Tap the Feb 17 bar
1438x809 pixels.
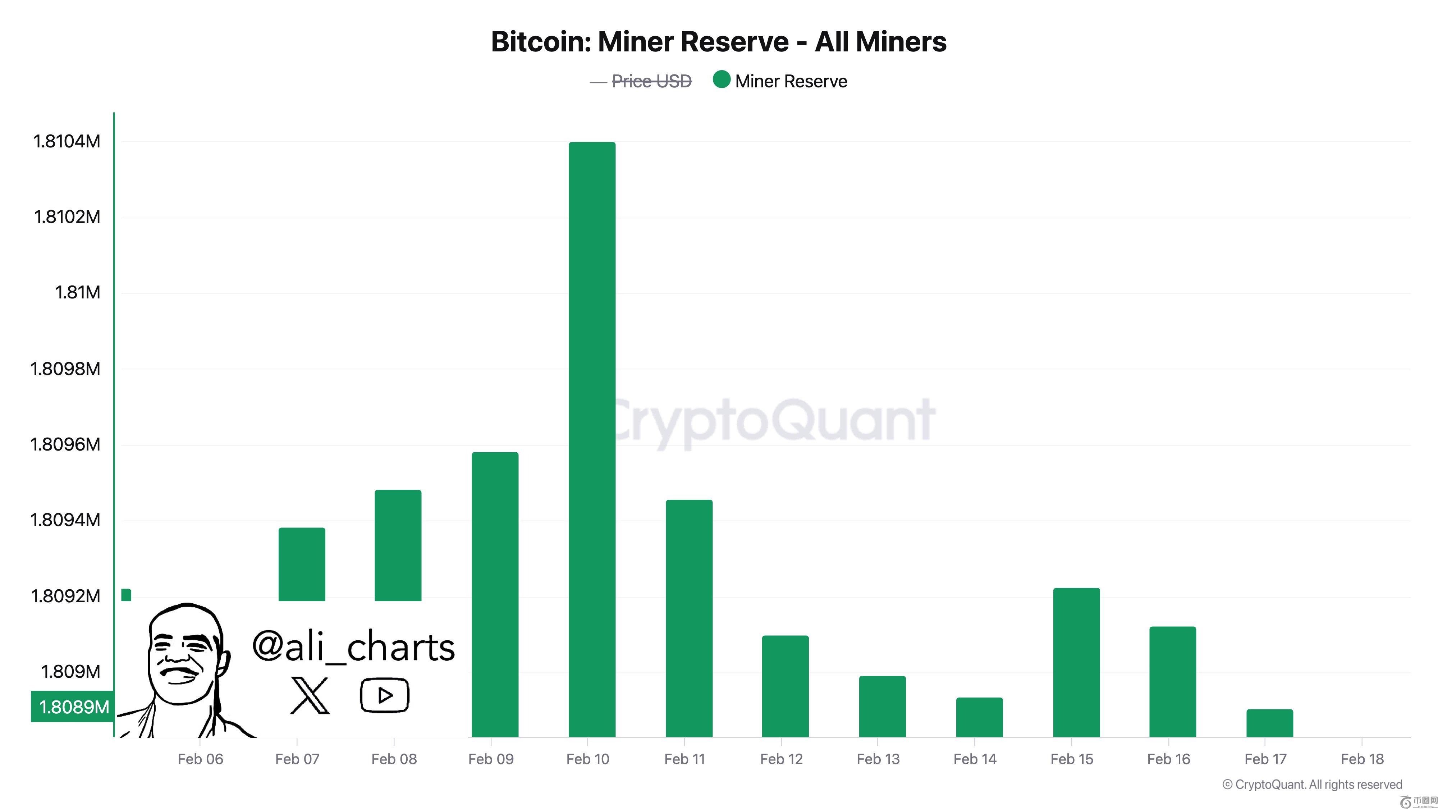(x=1269, y=723)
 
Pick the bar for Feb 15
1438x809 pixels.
(x=1076, y=662)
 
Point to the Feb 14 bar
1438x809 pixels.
(x=979, y=717)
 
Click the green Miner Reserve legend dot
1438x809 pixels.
(x=721, y=80)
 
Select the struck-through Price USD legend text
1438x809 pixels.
(x=651, y=82)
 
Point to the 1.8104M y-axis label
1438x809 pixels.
(x=67, y=141)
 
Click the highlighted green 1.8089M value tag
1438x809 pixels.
(x=73, y=707)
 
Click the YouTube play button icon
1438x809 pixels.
(x=385, y=695)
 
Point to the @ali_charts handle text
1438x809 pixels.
(x=353, y=646)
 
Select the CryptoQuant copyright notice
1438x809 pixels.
(x=1312, y=785)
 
